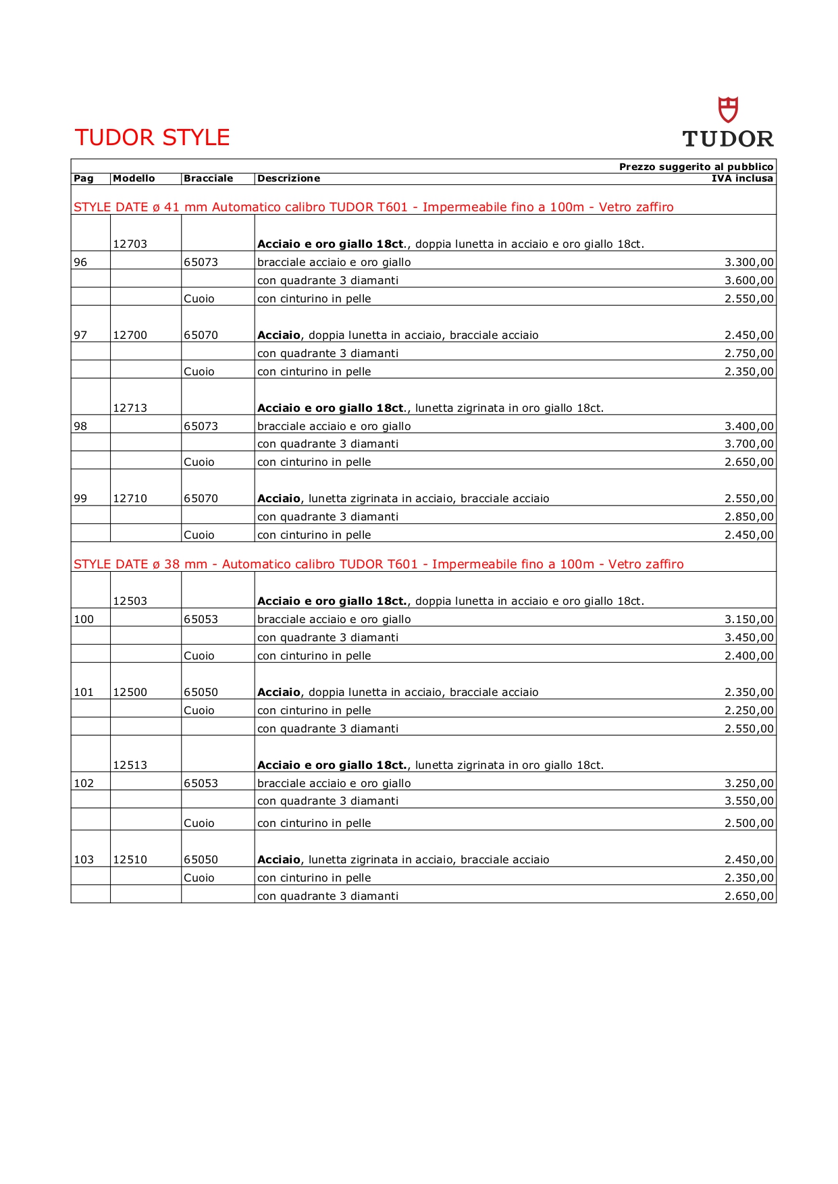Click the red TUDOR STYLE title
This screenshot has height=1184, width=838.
[x=152, y=137]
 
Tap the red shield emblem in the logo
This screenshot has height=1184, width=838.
[x=728, y=109]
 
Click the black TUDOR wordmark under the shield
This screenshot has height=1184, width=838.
[x=728, y=139]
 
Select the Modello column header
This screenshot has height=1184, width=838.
[x=134, y=178]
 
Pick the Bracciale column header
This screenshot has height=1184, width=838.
[x=208, y=178]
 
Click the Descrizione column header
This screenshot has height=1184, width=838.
[x=288, y=178]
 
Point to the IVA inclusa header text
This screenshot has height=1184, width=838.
[x=742, y=178]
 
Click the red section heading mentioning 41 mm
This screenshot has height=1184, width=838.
[x=373, y=207]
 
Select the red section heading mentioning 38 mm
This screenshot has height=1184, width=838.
[x=378, y=564]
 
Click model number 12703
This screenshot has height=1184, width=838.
[x=130, y=244]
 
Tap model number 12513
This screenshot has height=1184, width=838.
[x=130, y=765]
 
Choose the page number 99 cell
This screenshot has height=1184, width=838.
[x=80, y=498]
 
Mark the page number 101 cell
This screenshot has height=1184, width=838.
[x=84, y=692]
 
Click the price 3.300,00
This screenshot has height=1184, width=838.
[x=749, y=262]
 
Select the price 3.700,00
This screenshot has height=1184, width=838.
[x=749, y=443]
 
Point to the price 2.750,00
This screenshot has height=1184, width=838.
[x=749, y=353]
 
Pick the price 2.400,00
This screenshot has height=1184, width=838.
[x=749, y=655]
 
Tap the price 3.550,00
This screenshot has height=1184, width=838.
[x=749, y=801]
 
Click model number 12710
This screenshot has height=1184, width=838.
[x=130, y=498]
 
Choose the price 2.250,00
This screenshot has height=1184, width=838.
[x=749, y=710]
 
